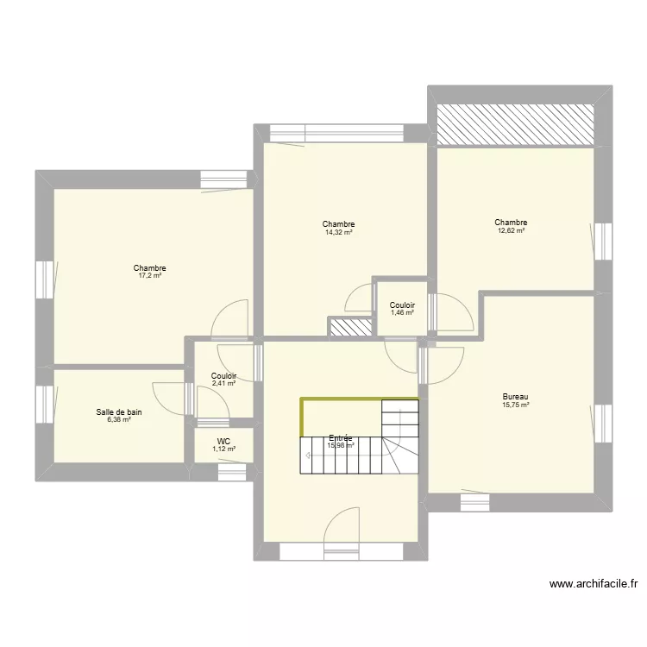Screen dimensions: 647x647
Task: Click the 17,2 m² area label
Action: [x=150, y=276]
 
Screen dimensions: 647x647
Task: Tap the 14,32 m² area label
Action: [x=339, y=232]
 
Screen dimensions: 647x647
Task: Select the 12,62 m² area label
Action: [x=511, y=230]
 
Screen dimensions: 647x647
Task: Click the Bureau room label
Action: [x=515, y=397]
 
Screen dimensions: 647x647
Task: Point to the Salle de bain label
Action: [x=119, y=412]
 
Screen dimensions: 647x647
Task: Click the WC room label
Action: [x=223, y=441]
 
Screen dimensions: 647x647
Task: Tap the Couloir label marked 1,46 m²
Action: [x=402, y=305]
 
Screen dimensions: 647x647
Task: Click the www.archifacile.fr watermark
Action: [x=594, y=584]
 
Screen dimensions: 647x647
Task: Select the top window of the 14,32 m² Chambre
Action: [x=336, y=133]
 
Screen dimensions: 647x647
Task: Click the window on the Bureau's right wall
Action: [x=602, y=422]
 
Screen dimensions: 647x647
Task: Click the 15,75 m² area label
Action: [x=515, y=405]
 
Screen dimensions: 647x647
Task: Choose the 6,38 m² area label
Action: [x=119, y=420]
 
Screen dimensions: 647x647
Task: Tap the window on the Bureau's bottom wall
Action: [x=474, y=500]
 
